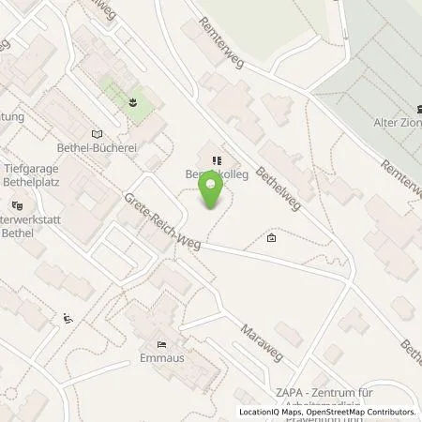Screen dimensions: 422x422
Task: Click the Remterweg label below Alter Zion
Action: coord(400,178)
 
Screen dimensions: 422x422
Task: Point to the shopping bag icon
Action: coord(272,239)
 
